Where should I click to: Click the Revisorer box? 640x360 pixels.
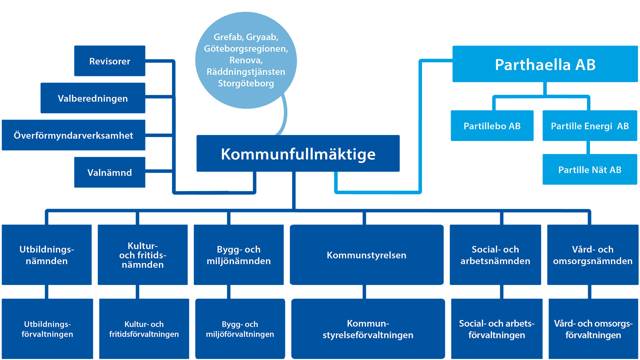point(110,61)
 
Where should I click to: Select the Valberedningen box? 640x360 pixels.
point(93,98)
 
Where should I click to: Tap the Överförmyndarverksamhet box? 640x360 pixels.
point(73,135)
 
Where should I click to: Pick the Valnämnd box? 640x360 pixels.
point(110,172)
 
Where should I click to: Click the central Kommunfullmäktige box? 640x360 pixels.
point(298,154)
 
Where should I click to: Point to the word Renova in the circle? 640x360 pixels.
point(246,60)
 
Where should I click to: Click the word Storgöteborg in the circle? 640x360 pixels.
point(246,83)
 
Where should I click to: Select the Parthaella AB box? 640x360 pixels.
point(545,64)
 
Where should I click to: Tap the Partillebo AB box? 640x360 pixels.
point(492,126)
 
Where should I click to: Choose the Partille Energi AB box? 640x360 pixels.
point(590,126)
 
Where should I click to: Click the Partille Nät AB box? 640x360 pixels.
point(590,169)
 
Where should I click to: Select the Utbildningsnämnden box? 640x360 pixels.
point(47,255)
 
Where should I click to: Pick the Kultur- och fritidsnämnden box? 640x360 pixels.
point(143,255)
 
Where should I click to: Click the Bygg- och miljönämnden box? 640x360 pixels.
point(239,255)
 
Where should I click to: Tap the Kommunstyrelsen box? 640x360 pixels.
point(367,255)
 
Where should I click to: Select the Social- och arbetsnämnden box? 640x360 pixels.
point(495,255)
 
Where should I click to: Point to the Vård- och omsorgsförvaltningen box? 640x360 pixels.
point(593,329)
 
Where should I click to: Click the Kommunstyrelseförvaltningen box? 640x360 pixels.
point(368,329)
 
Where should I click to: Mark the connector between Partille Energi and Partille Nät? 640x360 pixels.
point(588,147)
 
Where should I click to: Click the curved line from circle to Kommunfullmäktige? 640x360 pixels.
point(285,113)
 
